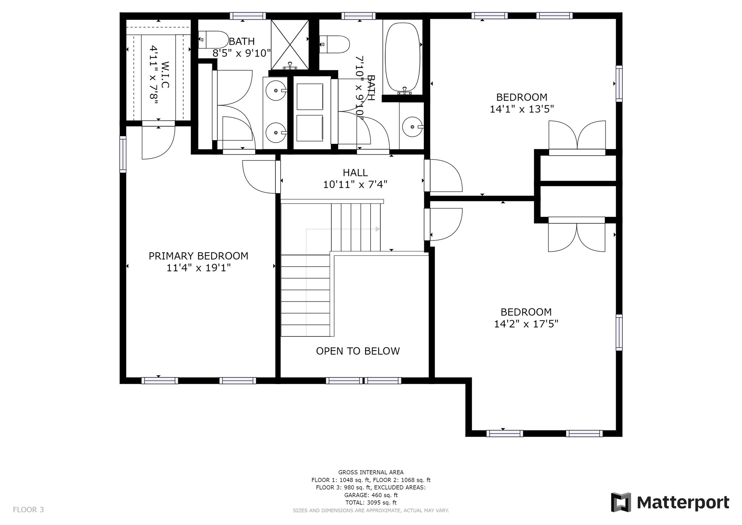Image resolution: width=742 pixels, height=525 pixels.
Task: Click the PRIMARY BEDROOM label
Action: pos(199,256)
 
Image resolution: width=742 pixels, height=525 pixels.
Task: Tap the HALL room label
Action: pos(355,173)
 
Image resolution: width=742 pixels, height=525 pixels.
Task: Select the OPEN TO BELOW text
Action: pos(358,351)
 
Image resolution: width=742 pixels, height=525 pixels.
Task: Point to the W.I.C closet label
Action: pos(165,75)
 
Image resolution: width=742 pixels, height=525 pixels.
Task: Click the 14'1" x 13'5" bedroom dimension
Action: pos(522,109)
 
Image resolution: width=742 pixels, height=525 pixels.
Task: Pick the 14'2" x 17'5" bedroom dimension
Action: pos(526,324)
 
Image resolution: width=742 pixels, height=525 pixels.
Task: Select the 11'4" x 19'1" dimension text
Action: pos(199,268)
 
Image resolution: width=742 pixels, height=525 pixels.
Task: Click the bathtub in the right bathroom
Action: pos(403,56)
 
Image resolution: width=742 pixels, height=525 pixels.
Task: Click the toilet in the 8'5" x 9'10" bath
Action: pos(213,40)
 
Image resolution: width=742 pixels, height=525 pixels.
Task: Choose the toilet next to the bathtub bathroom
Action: pos(335,44)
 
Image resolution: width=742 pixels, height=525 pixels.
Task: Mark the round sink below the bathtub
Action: pos(413,127)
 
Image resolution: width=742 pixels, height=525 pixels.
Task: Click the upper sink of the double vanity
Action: pos(276,90)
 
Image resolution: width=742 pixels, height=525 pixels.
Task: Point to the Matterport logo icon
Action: pos(621,502)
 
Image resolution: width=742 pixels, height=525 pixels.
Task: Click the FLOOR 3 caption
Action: pos(28,510)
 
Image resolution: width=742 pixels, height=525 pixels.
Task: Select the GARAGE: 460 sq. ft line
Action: pos(371,495)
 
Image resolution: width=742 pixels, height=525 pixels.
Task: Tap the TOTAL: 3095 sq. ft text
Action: pos(371,503)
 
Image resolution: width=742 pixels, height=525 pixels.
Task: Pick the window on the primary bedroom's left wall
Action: pos(123,154)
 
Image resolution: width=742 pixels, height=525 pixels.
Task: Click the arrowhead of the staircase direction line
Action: pos(378,229)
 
